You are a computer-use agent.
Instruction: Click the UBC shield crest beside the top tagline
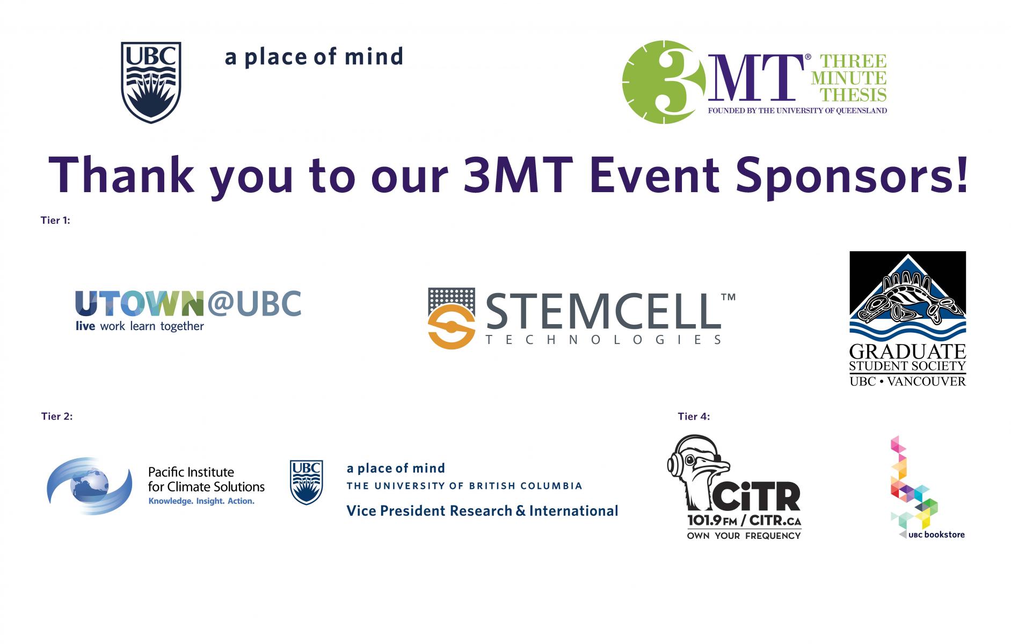(x=151, y=82)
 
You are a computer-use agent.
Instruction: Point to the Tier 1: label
(x=55, y=220)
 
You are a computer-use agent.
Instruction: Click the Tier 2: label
(x=57, y=416)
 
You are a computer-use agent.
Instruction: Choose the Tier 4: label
(x=694, y=416)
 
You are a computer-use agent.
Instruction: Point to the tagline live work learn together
(x=140, y=326)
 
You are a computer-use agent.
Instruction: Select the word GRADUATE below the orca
(x=907, y=352)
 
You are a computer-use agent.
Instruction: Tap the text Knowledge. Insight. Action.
(x=201, y=501)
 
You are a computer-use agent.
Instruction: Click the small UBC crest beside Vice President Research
(x=307, y=482)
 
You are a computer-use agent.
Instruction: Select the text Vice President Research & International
(x=482, y=510)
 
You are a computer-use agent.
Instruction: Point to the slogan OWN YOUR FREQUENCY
(x=744, y=536)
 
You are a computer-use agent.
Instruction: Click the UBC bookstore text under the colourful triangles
(x=936, y=535)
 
